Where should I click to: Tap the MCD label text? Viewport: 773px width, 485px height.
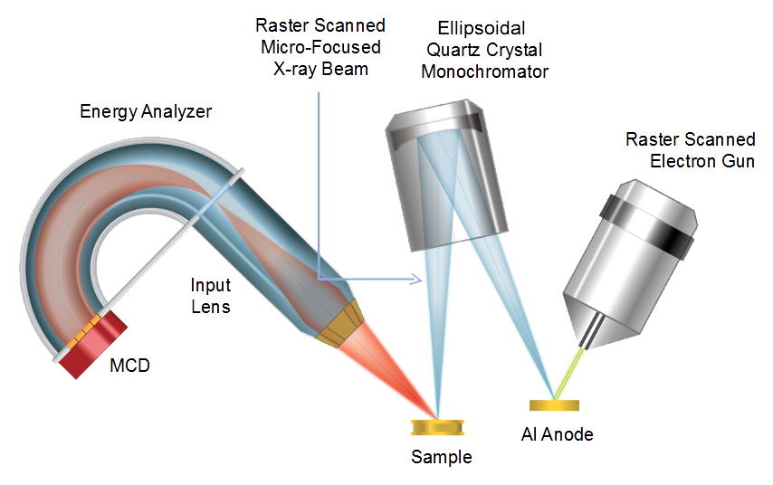[128, 366]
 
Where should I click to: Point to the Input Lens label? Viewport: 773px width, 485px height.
[209, 296]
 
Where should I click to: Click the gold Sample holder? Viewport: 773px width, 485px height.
[437, 426]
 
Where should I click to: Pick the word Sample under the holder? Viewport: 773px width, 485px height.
[442, 457]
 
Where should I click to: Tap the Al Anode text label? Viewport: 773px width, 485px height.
[558, 435]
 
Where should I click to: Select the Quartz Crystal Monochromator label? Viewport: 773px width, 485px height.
[485, 62]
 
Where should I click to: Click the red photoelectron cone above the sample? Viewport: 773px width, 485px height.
[398, 371]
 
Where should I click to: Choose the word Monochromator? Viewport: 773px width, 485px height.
[485, 71]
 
